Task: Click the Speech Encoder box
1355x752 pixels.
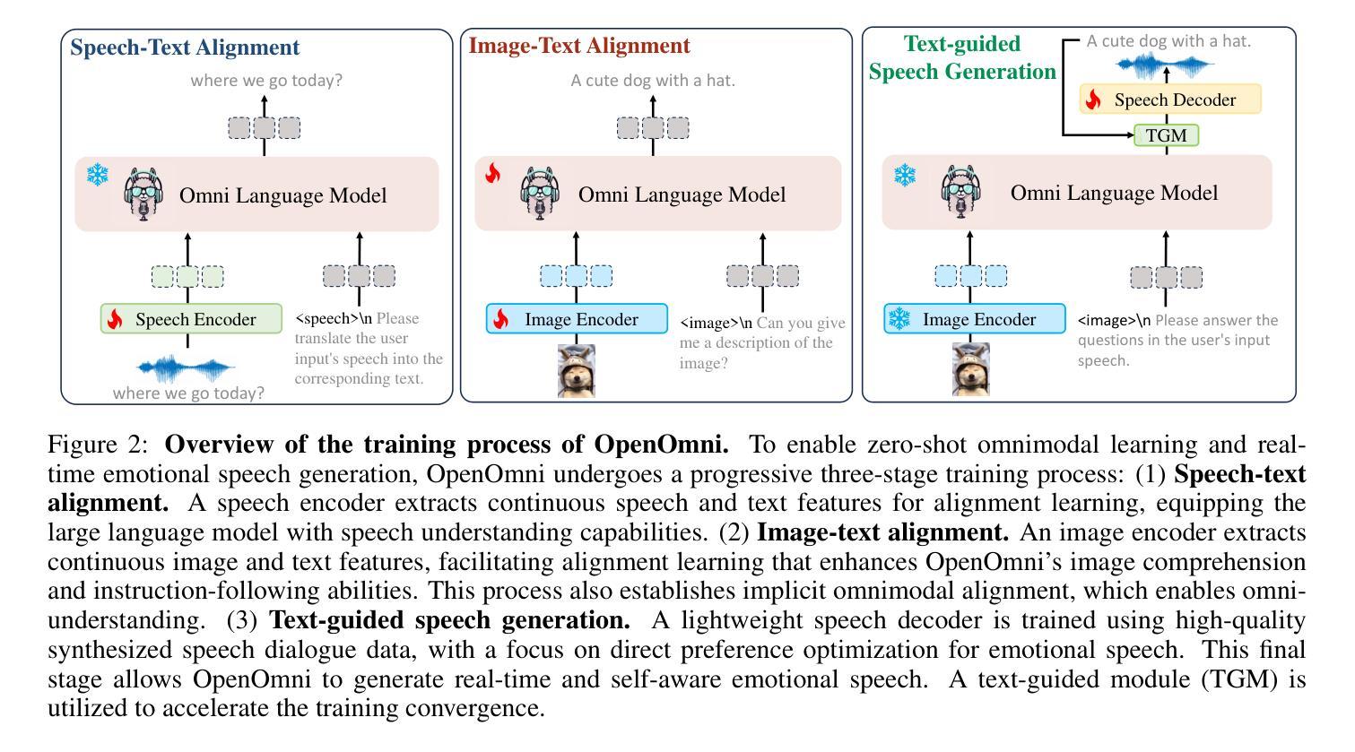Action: (191, 319)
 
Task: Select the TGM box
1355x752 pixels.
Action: (1166, 135)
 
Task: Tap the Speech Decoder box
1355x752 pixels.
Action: (1169, 99)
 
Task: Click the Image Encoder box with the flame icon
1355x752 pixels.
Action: (577, 319)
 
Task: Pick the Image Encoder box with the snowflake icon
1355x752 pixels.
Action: (975, 319)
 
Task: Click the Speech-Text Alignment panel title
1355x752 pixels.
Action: (185, 48)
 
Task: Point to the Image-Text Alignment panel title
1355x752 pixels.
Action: (579, 46)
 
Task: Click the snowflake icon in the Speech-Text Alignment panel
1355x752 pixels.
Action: (96, 174)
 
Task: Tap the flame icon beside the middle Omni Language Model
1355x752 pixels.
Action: (492, 173)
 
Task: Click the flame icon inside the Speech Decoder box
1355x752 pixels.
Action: (1092, 99)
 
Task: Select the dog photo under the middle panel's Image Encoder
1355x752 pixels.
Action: (577, 370)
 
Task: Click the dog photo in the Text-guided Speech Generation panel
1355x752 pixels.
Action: (970, 368)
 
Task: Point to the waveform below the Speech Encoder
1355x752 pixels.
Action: (187, 367)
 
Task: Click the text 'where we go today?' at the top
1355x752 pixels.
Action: (266, 80)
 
